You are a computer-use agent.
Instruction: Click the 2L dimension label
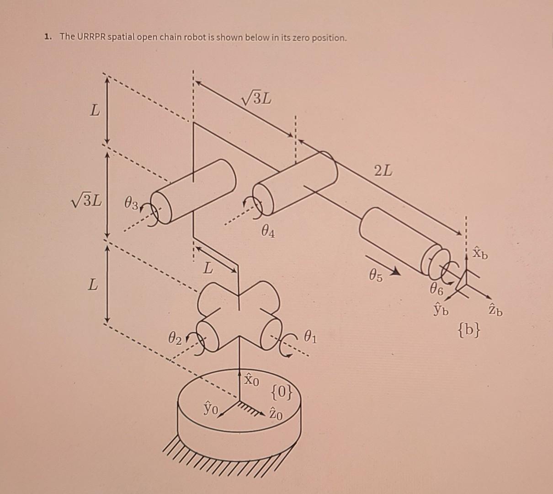pyautogui.click(x=383, y=172)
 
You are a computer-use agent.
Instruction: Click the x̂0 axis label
pyautogui.click(x=251, y=380)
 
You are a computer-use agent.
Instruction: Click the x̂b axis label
pyautogui.click(x=479, y=252)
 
